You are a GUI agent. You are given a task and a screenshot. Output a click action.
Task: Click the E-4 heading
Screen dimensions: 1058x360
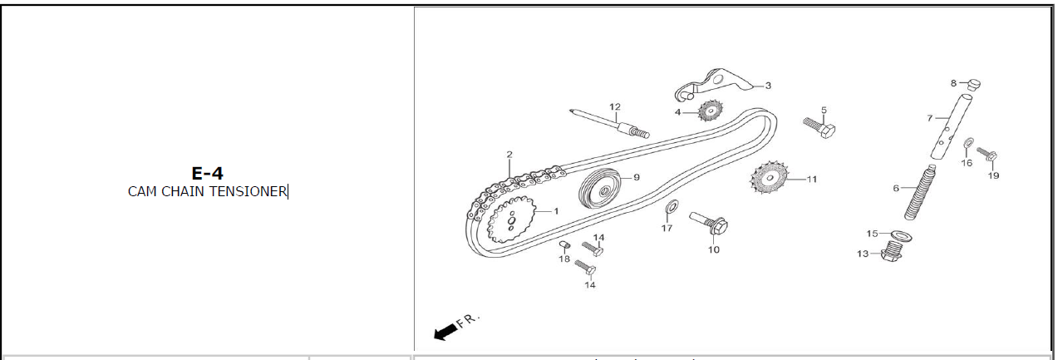point(207,174)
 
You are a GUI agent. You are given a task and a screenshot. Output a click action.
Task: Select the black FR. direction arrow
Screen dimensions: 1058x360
point(445,332)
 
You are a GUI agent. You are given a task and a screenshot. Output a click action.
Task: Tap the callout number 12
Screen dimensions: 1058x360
point(614,106)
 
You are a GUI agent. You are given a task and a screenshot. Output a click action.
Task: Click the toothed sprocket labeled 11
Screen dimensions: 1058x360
point(770,178)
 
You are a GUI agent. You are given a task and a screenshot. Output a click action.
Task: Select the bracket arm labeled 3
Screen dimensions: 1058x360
point(714,84)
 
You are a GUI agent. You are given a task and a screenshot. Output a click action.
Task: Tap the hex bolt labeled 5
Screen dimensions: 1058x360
point(819,126)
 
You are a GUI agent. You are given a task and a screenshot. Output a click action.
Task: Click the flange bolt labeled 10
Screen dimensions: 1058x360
point(708,224)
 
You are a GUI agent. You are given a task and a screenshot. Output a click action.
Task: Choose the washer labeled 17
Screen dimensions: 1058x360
point(672,207)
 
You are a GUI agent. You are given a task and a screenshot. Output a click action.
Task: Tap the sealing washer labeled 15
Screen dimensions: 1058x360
point(901,235)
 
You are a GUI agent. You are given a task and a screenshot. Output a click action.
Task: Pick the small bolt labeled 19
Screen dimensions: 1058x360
point(987,154)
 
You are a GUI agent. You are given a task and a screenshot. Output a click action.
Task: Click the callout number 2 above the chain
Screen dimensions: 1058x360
point(509,155)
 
